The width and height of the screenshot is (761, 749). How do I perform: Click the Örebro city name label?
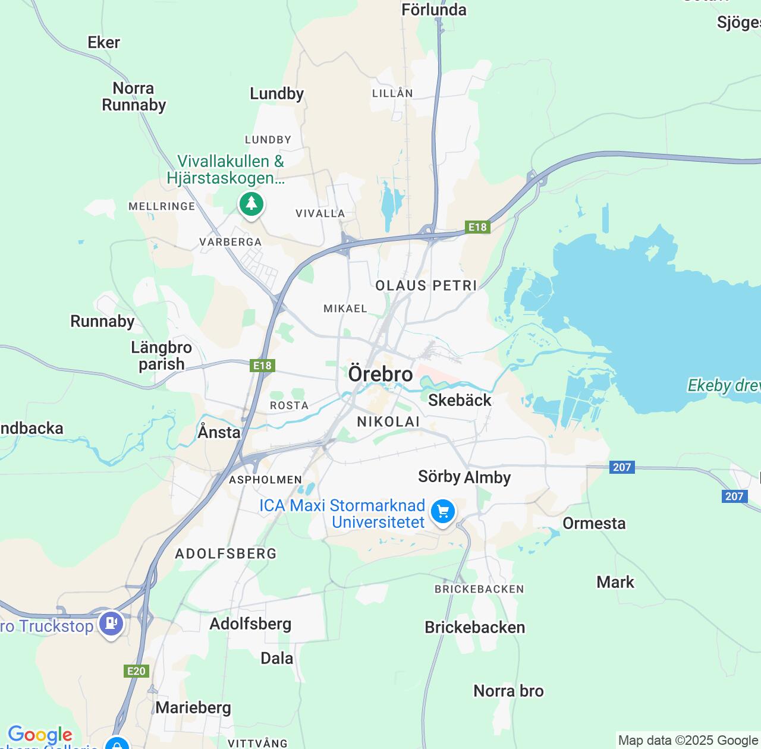click(x=380, y=374)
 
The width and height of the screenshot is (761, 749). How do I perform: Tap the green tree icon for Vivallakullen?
click(x=251, y=204)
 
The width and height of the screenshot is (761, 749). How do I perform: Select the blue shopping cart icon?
click(x=442, y=511)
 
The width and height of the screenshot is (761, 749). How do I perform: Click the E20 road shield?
click(x=136, y=671)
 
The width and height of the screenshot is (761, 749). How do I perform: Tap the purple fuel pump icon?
click(x=111, y=624)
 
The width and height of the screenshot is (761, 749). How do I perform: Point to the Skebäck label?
click(x=460, y=400)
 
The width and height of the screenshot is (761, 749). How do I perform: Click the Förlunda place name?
click(x=434, y=10)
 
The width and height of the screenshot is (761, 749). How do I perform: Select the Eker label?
click(x=104, y=42)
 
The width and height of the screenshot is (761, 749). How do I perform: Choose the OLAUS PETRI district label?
click(x=426, y=286)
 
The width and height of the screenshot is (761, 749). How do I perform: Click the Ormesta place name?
click(x=594, y=523)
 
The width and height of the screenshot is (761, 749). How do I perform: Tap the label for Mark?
click(x=615, y=582)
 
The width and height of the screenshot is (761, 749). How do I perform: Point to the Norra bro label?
click(x=508, y=691)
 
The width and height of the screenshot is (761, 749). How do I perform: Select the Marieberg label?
click(x=193, y=707)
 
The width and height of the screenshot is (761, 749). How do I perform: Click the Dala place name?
click(x=277, y=658)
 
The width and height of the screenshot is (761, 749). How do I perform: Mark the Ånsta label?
click(x=219, y=432)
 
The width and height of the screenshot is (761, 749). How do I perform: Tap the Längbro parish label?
click(x=161, y=355)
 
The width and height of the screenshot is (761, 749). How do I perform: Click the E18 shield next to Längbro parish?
click(x=262, y=366)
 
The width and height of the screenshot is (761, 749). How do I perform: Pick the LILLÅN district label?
click(x=392, y=93)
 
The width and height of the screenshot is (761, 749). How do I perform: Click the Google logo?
click(x=40, y=735)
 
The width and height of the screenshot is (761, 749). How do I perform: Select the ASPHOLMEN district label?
click(x=266, y=480)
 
